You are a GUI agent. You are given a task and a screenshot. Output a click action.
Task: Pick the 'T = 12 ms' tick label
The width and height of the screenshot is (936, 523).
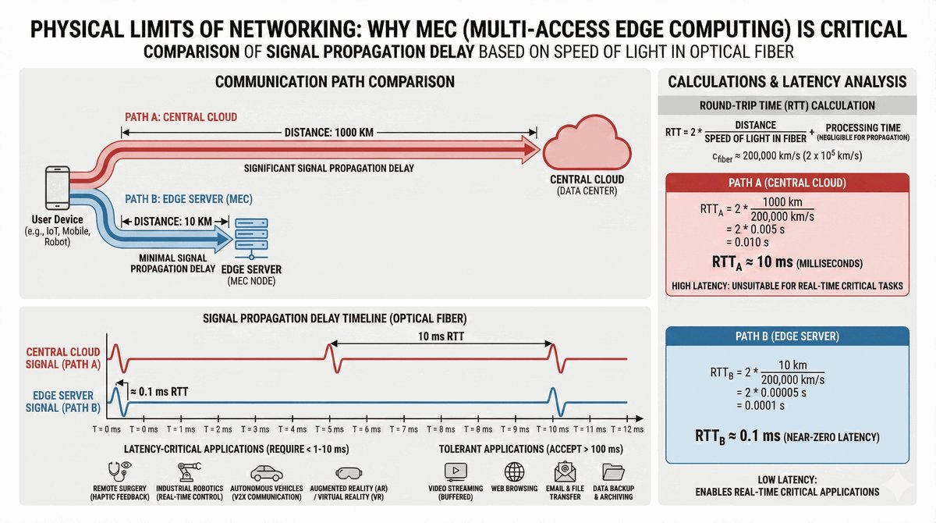point(627,429)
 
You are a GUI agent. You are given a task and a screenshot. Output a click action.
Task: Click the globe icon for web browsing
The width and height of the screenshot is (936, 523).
point(515,471)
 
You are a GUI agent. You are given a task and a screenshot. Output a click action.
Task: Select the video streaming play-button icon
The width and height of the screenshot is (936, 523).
point(455,471)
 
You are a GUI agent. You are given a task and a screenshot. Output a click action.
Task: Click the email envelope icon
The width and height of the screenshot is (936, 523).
point(565,471)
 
